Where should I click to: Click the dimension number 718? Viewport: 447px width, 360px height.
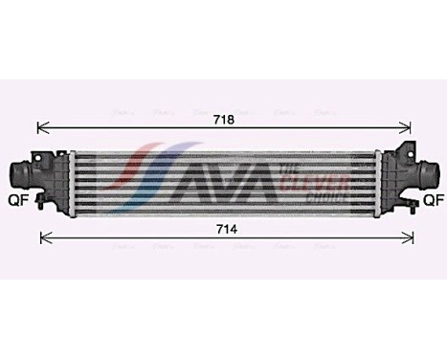[x=222, y=121]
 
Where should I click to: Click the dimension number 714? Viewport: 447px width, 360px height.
[x=222, y=230]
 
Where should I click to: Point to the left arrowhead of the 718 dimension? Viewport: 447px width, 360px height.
[x=39, y=125]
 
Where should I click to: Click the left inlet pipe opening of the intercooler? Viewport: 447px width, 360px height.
[x=16, y=176]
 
